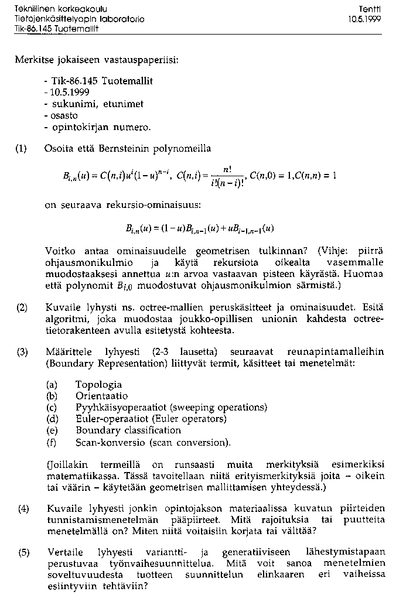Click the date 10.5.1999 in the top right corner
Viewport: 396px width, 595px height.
click(x=363, y=19)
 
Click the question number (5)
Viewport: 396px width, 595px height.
click(x=23, y=552)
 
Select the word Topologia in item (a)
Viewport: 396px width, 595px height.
click(x=98, y=385)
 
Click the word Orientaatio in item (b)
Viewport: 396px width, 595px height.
click(x=101, y=396)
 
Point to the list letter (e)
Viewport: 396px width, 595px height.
click(x=52, y=430)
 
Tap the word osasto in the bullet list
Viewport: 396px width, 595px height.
click(x=66, y=115)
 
